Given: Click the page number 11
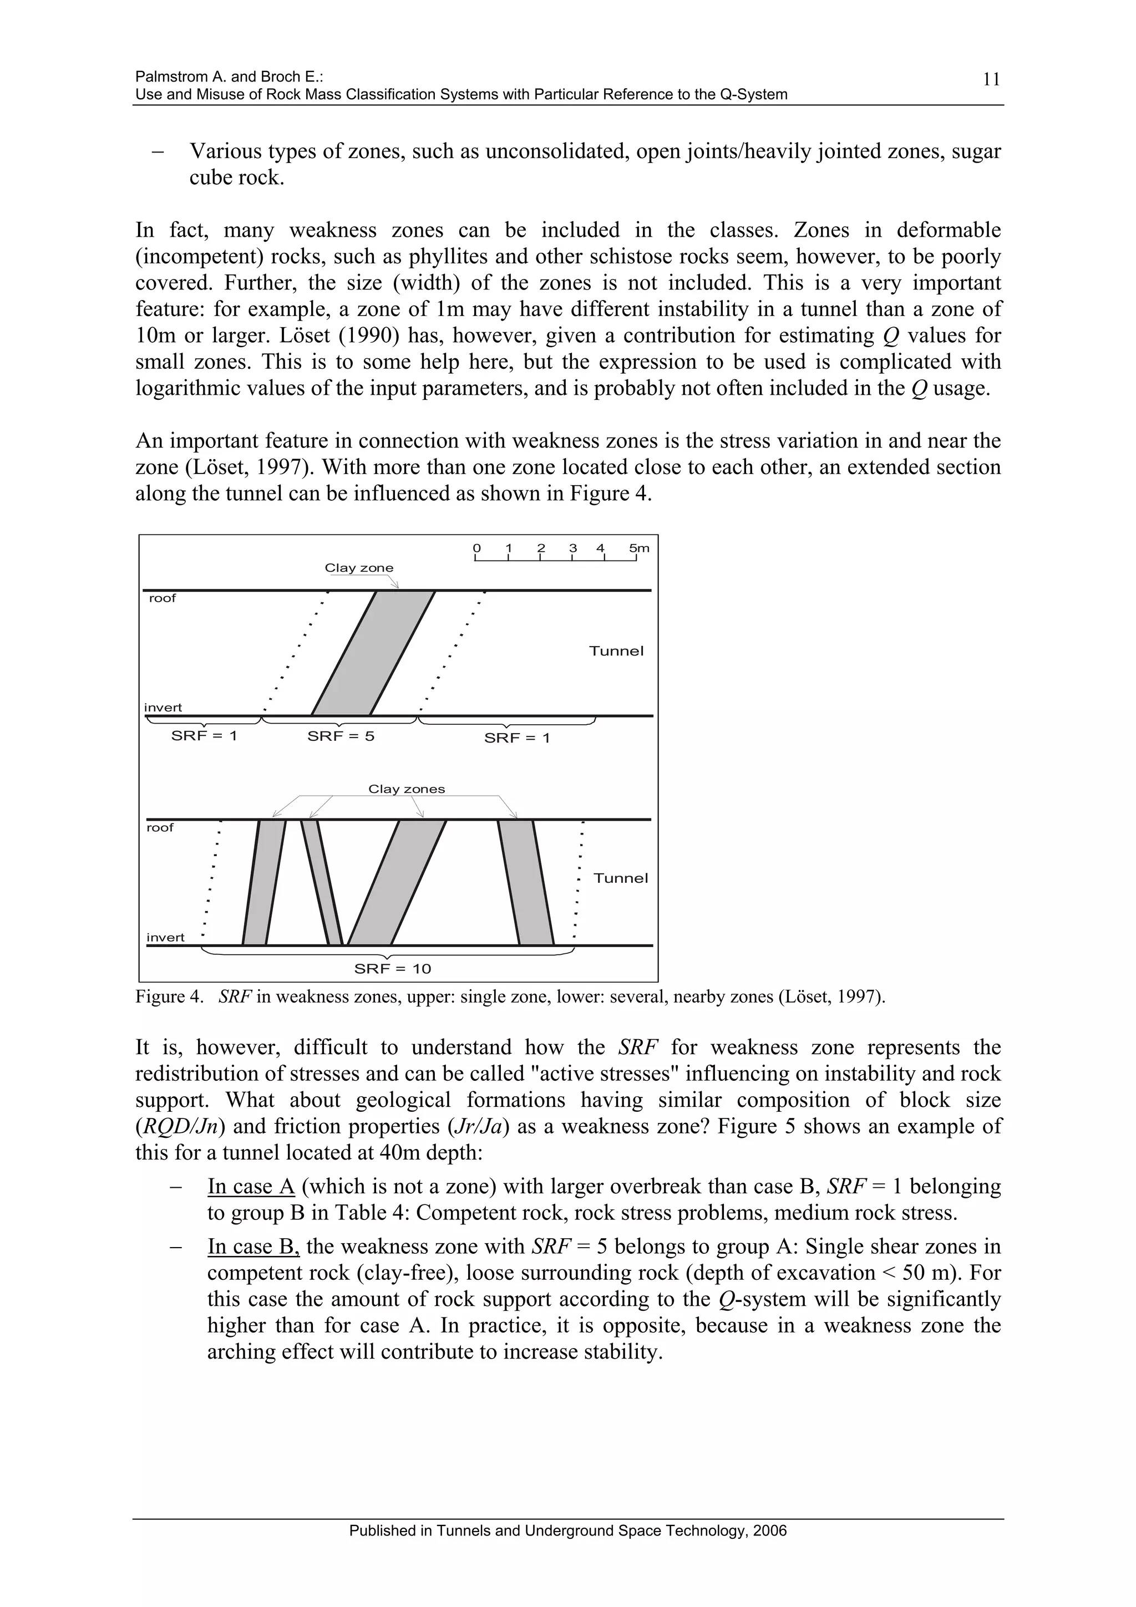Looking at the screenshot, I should [991, 79].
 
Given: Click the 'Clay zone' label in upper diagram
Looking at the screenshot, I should [358, 568].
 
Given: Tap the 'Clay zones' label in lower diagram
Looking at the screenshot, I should [406, 789].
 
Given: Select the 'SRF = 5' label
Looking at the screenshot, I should [341, 736].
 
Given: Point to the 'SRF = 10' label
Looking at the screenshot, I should [392, 969].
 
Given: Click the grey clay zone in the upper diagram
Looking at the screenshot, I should [373, 652].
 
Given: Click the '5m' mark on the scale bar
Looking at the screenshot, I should [638, 548].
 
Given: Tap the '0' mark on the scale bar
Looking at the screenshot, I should [476, 548].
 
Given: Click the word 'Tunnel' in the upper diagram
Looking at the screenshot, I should [616, 651].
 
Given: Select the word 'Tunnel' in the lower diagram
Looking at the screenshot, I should [620, 878].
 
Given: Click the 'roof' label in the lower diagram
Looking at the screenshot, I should [160, 827].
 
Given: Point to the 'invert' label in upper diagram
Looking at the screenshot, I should [163, 708].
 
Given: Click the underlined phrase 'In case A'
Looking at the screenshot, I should [251, 1186].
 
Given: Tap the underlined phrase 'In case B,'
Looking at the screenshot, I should [253, 1247].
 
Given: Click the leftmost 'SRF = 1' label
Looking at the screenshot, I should [204, 736].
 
